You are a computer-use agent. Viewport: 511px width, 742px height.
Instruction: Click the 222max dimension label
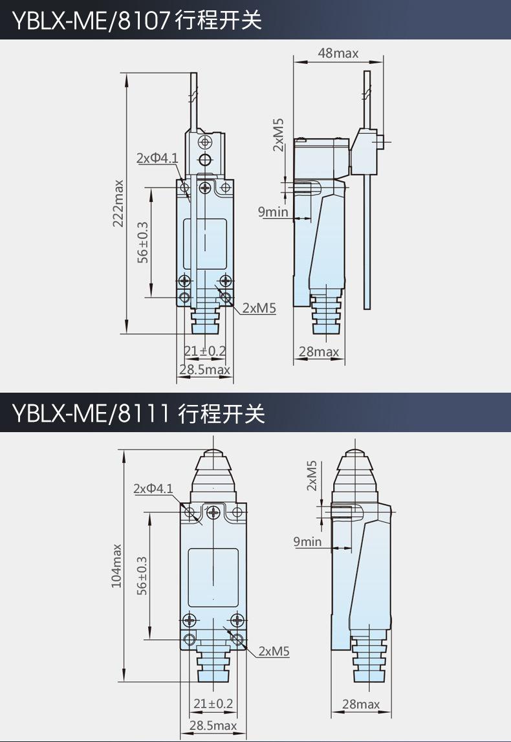(118, 204)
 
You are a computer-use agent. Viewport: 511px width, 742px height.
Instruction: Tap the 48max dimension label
(338, 53)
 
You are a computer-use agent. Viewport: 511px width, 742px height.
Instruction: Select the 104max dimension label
(116, 566)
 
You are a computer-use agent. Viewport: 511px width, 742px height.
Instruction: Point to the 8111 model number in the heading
(144, 413)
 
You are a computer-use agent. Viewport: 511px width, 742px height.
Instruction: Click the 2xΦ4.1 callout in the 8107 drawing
(158, 158)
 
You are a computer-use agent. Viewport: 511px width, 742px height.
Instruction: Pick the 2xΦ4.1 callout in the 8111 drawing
(153, 488)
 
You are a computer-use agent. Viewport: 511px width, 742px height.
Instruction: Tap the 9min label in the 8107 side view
(273, 212)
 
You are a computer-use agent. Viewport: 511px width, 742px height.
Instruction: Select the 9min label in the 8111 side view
(307, 541)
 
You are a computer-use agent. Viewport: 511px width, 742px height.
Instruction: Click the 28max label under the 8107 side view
(319, 352)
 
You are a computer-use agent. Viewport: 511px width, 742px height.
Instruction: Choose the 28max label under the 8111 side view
(361, 704)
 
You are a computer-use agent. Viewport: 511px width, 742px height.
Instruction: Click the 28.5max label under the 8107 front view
(205, 369)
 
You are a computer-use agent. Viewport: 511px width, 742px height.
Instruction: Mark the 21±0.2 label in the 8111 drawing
(213, 704)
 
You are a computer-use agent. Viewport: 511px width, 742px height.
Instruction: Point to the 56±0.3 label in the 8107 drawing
(142, 243)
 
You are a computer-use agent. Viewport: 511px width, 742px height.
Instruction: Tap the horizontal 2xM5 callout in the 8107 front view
(259, 308)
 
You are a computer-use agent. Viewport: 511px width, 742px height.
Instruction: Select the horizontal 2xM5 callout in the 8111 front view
(274, 651)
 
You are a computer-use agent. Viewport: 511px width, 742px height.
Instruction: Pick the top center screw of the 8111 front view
(214, 512)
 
